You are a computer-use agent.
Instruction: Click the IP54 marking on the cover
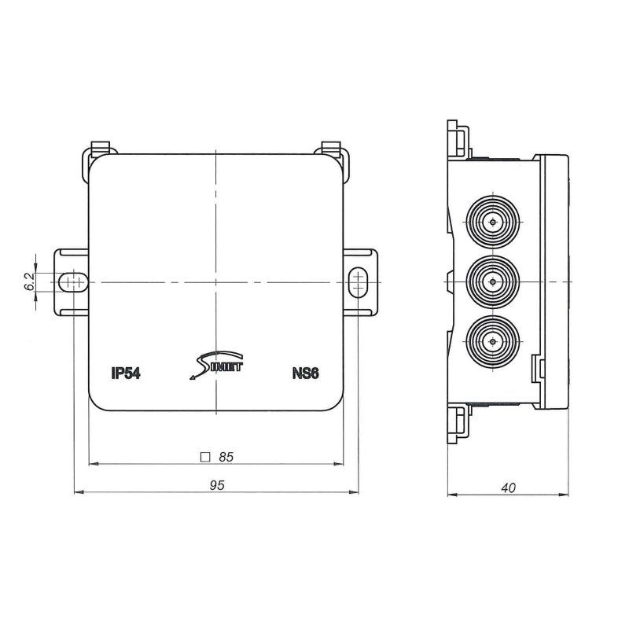tap(126, 373)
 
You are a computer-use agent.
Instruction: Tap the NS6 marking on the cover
tap(303, 373)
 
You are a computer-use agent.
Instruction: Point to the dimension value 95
tap(218, 486)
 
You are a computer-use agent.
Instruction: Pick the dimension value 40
tap(508, 488)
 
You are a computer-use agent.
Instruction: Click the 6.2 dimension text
tap(29, 282)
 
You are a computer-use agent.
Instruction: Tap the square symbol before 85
tap(205, 456)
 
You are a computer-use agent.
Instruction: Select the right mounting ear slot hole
tap(357, 281)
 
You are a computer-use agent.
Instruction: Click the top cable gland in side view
tap(492, 222)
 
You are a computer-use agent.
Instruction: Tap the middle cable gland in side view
tap(492, 281)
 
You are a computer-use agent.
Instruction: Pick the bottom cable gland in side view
tap(492, 341)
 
